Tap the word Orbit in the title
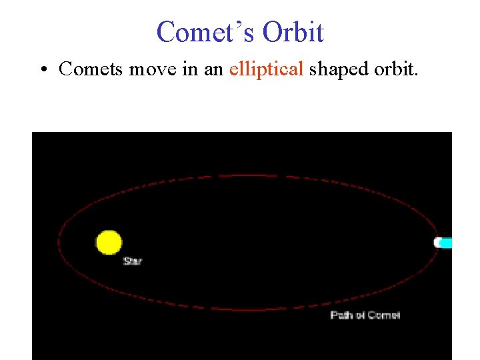click(293, 32)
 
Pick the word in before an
click(189, 69)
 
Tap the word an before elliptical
click(213, 69)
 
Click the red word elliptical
click(266, 69)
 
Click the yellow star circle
click(109, 243)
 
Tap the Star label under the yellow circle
click(132, 261)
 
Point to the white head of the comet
click(439, 243)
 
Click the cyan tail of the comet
click(447, 243)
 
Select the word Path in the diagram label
click(342, 315)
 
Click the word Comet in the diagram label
click(384, 315)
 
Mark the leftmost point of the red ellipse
click(58, 243)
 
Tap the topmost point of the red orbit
click(247, 175)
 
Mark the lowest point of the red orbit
click(247, 310)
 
